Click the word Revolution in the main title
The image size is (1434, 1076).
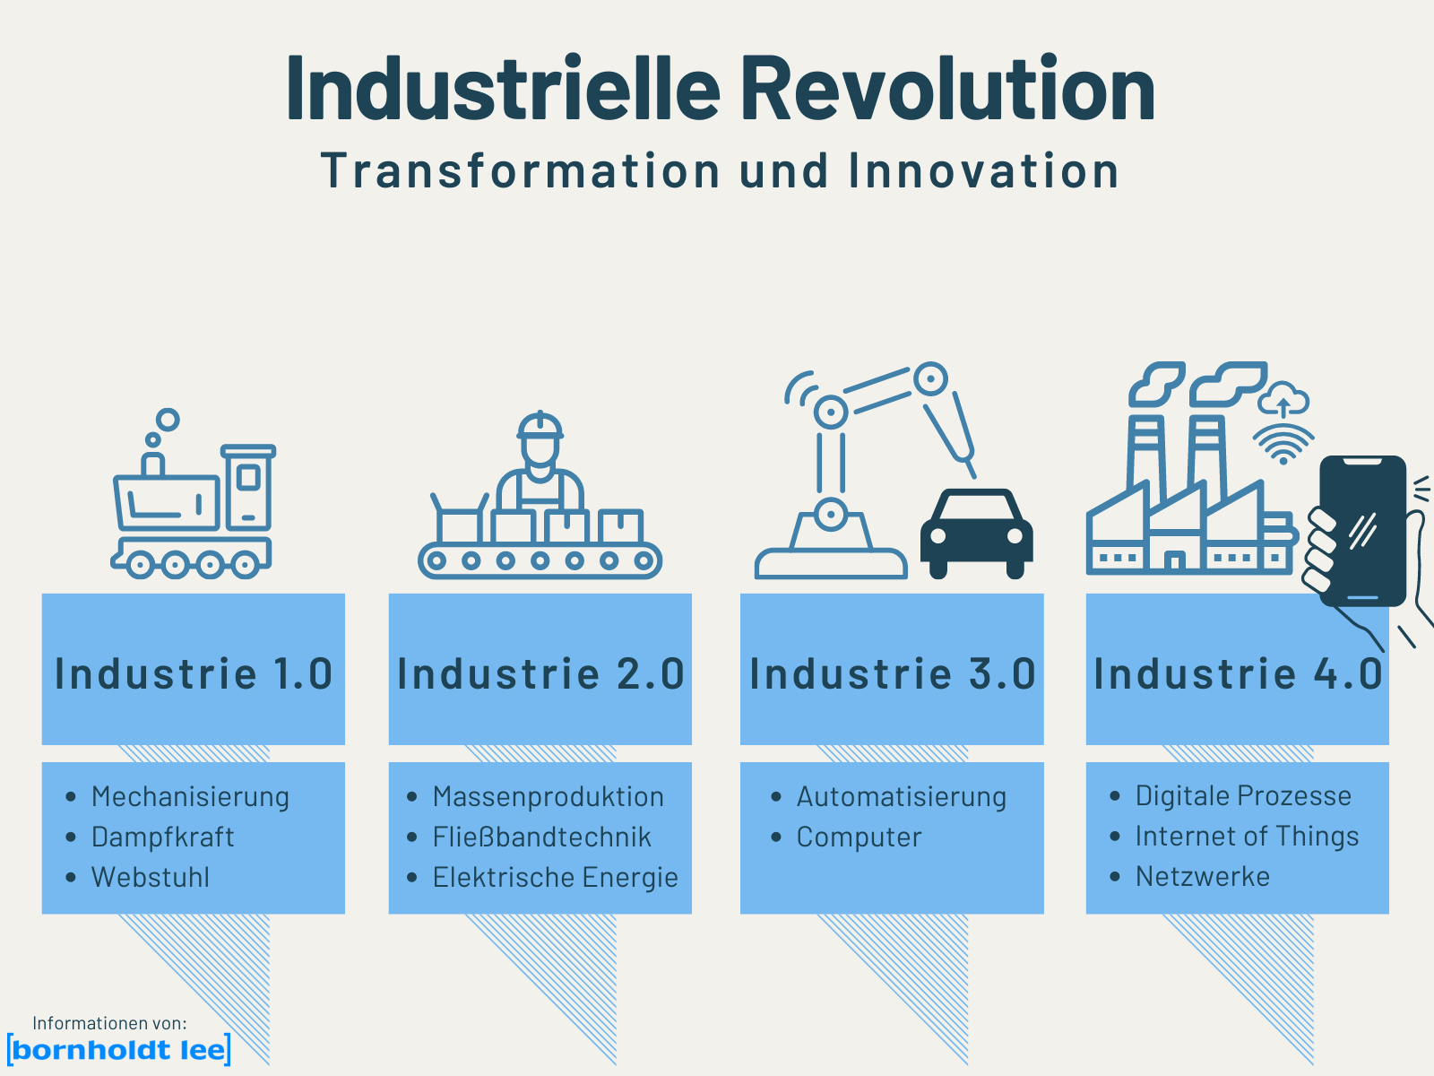(x=948, y=88)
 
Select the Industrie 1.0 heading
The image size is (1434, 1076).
(x=194, y=673)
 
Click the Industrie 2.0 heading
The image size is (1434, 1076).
(x=540, y=673)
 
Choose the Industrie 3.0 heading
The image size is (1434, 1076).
(x=893, y=673)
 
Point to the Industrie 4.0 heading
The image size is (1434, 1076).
(x=1238, y=673)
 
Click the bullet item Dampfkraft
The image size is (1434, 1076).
(x=163, y=837)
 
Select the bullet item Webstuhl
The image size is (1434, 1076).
(x=151, y=878)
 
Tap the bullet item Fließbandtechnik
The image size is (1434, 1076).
(x=541, y=837)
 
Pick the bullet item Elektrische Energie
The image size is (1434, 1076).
(x=556, y=878)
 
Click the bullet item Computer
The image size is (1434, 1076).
(x=859, y=837)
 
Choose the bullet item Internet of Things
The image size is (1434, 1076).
(x=1247, y=837)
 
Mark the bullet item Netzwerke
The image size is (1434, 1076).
(x=1203, y=877)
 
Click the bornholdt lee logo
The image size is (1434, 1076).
(x=119, y=1050)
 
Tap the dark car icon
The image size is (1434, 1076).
(x=977, y=534)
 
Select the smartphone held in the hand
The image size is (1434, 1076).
(x=1363, y=531)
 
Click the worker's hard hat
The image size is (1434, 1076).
(x=540, y=426)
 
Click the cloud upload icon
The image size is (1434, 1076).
(x=1283, y=399)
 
